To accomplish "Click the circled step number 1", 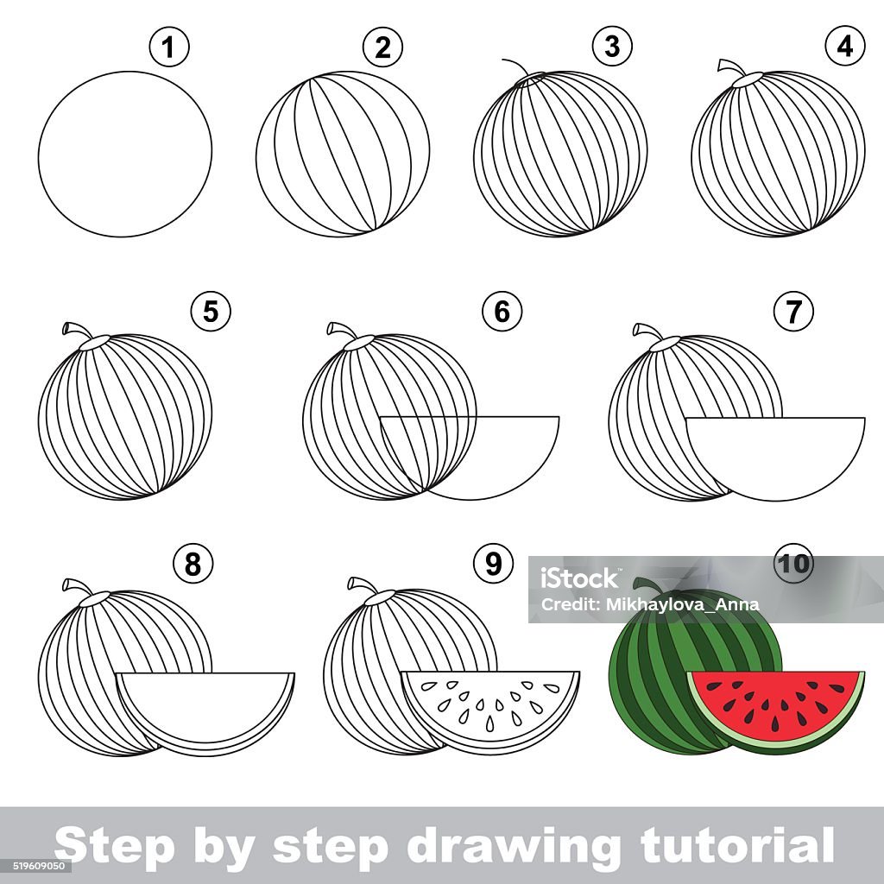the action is [x=169, y=47].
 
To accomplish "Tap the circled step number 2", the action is [x=382, y=47].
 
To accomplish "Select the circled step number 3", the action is [x=612, y=47].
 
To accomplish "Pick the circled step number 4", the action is [x=845, y=47].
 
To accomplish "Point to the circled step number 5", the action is [x=211, y=311].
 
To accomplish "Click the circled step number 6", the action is [x=502, y=311].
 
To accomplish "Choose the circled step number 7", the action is [x=794, y=311].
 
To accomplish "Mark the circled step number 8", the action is [x=193, y=564].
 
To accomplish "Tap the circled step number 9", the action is [x=493, y=564].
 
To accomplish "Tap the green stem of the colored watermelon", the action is [x=648, y=586].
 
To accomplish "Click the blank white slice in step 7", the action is [x=776, y=451].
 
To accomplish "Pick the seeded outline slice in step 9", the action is [x=490, y=708].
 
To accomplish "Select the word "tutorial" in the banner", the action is [x=737, y=844].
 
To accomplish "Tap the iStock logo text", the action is [x=579, y=578].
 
